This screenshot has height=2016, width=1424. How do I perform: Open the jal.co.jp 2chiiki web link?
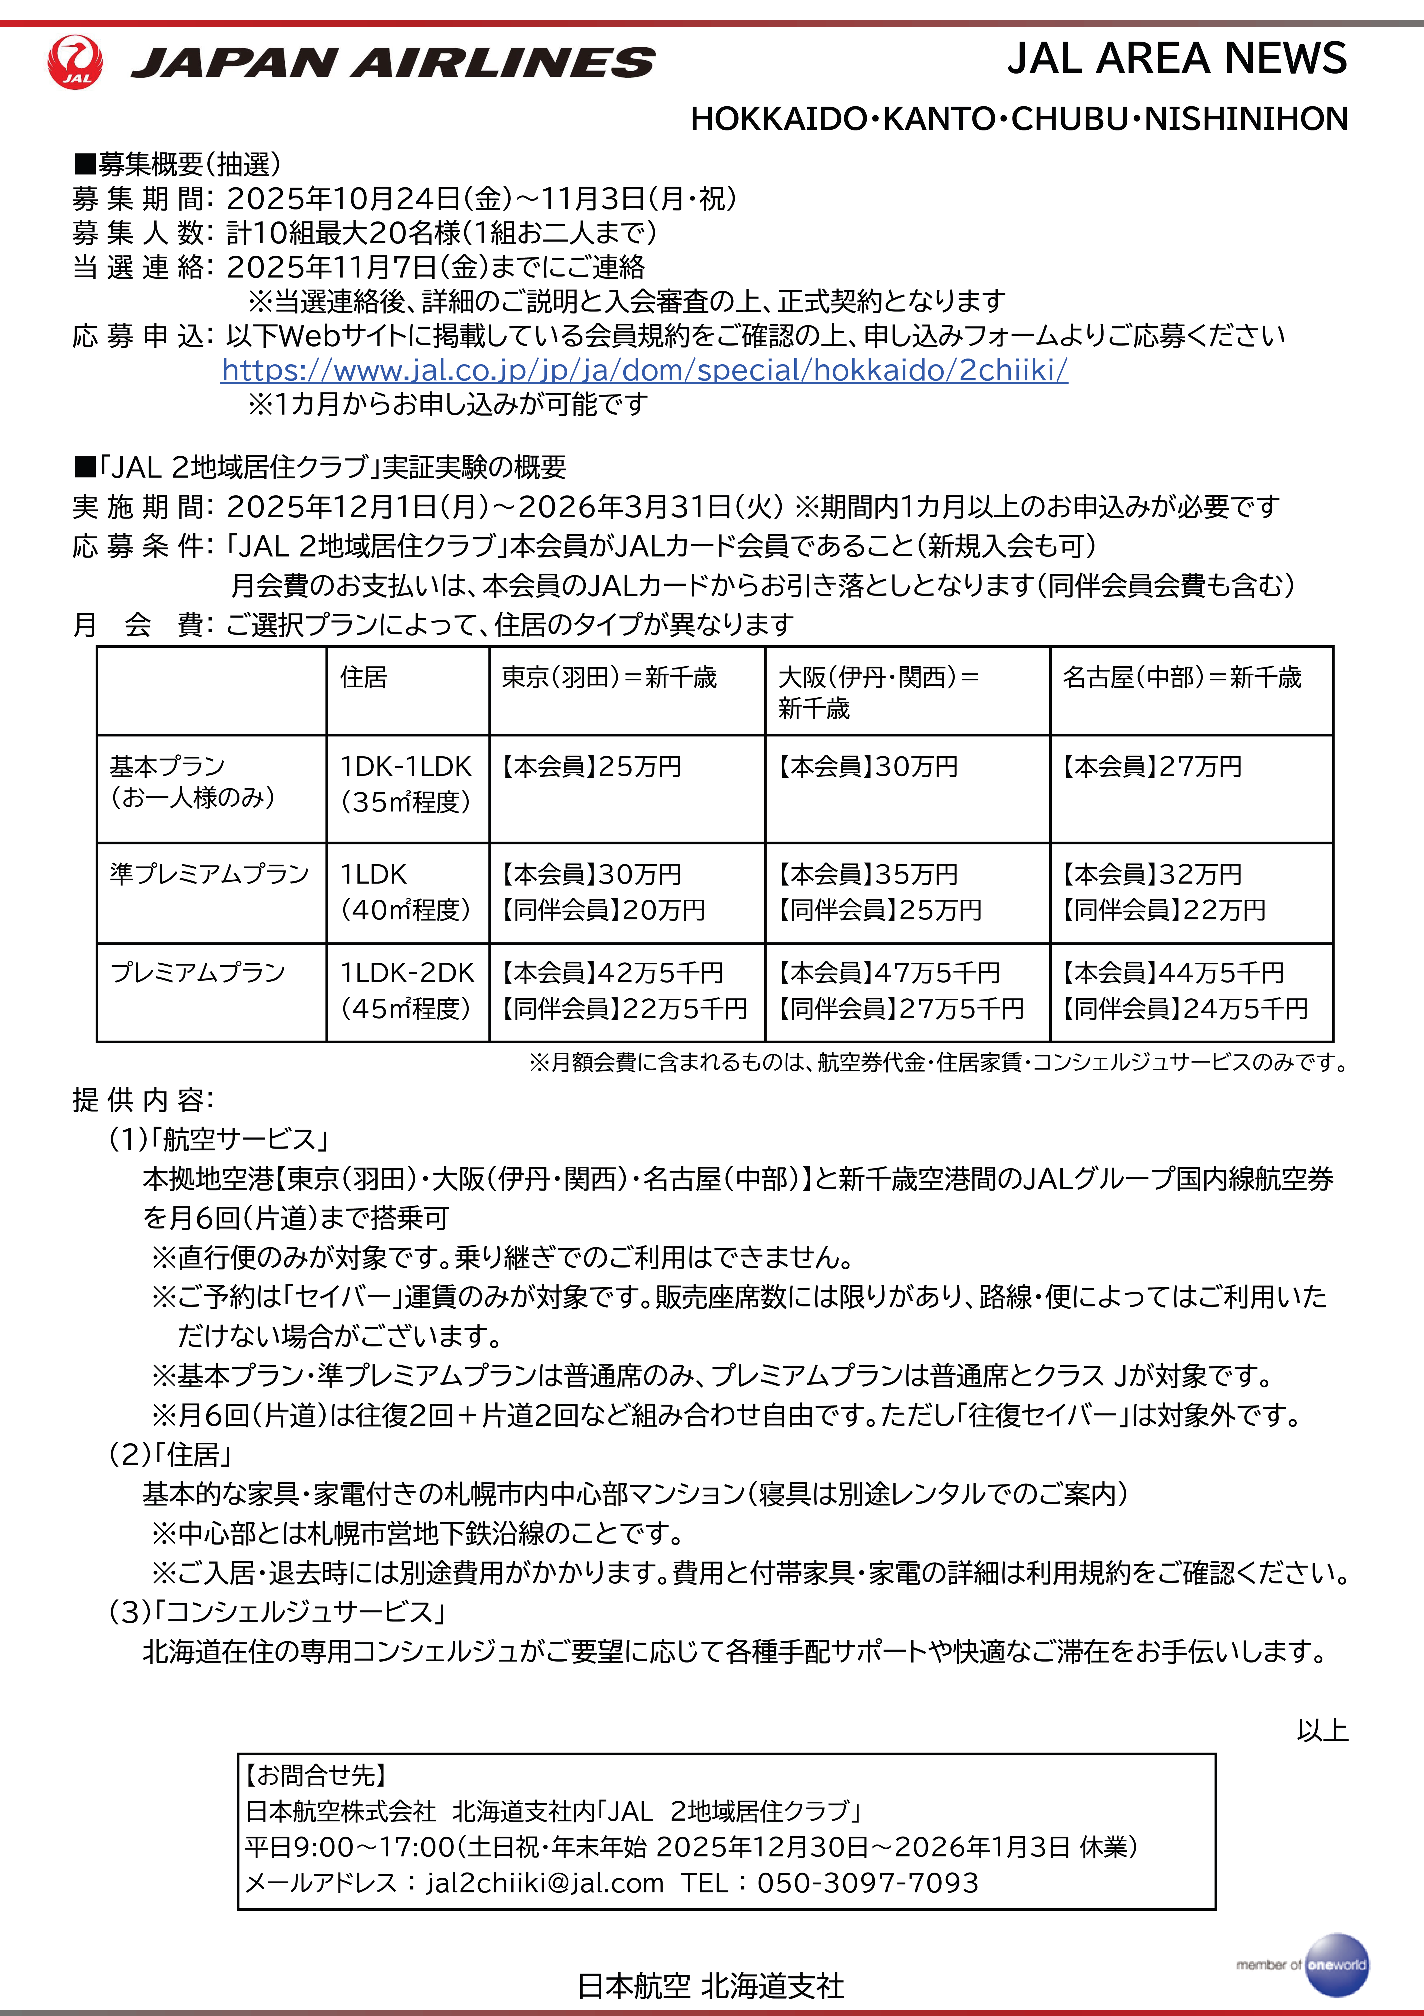point(644,370)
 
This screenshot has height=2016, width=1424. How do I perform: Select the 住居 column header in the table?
point(364,677)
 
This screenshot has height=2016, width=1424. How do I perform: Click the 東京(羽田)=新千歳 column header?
point(609,677)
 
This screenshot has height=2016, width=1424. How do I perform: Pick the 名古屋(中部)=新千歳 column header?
point(1182,677)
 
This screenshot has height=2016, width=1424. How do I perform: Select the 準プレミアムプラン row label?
point(209,874)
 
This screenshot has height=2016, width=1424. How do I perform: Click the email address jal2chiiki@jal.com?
point(544,1883)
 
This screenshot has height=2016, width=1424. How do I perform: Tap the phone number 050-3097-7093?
point(867,1883)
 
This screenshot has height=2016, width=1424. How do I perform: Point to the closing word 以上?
point(1322,1731)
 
